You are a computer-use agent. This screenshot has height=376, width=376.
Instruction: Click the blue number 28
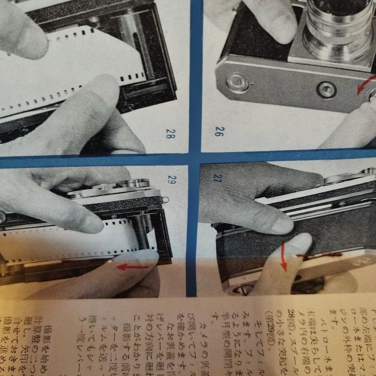click(x=170, y=134)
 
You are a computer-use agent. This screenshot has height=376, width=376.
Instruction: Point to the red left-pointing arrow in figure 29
click(x=134, y=267)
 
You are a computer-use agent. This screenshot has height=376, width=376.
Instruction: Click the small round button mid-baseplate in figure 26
click(x=326, y=90)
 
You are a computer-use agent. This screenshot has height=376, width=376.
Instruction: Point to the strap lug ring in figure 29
click(x=166, y=199)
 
